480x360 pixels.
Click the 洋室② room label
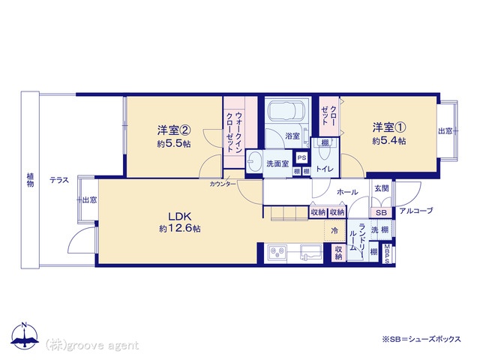coord(174,130)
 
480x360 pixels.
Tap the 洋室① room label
coord(389,127)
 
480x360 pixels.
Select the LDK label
coord(180,217)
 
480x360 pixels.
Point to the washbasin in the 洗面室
coord(254,161)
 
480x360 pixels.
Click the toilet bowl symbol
coord(324,152)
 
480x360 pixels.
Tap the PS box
coord(301,158)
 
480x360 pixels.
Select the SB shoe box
coord(381,212)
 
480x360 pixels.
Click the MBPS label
coord(387,253)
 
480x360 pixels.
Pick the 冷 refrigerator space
coord(334,230)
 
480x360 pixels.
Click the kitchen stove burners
coord(278,253)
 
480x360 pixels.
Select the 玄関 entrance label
coord(382,188)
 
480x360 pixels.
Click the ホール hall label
coord(347,192)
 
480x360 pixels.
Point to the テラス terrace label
coord(59,180)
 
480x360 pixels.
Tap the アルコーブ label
coord(416,211)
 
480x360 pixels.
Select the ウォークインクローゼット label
coord(235,132)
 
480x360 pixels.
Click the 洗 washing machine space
coord(375,230)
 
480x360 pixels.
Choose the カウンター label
coord(223,184)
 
